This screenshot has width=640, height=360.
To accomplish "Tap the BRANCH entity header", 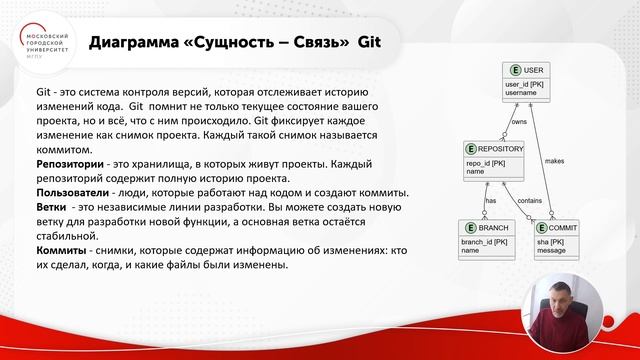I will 484,228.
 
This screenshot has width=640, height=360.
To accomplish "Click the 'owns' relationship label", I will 518,122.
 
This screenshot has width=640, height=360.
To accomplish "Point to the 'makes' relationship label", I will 553,160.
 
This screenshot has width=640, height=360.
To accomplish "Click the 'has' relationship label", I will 491,200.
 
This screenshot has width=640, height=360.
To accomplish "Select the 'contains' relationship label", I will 529,200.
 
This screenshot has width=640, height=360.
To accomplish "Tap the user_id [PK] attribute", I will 524,84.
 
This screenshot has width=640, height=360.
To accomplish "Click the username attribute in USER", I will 521,92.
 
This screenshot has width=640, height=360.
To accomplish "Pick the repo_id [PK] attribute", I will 486,162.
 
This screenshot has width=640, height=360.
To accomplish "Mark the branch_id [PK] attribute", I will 482,242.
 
